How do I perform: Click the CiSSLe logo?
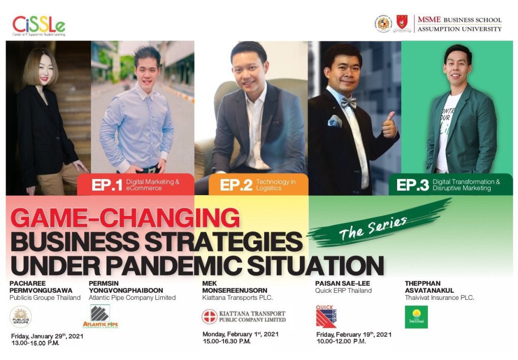pos(39,26)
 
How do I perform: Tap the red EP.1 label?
pos(107,185)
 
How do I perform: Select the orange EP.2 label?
pos(236,185)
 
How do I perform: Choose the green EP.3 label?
pos(413,185)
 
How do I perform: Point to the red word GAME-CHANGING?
pos(125,219)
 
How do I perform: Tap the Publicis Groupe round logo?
pos(21,317)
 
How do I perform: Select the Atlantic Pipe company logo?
pos(100,317)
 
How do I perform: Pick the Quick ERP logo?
pos(326,316)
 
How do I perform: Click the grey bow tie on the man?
pos(349,103)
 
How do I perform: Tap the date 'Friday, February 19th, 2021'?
pos(354,334)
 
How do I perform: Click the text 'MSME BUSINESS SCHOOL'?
pos(459,20)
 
